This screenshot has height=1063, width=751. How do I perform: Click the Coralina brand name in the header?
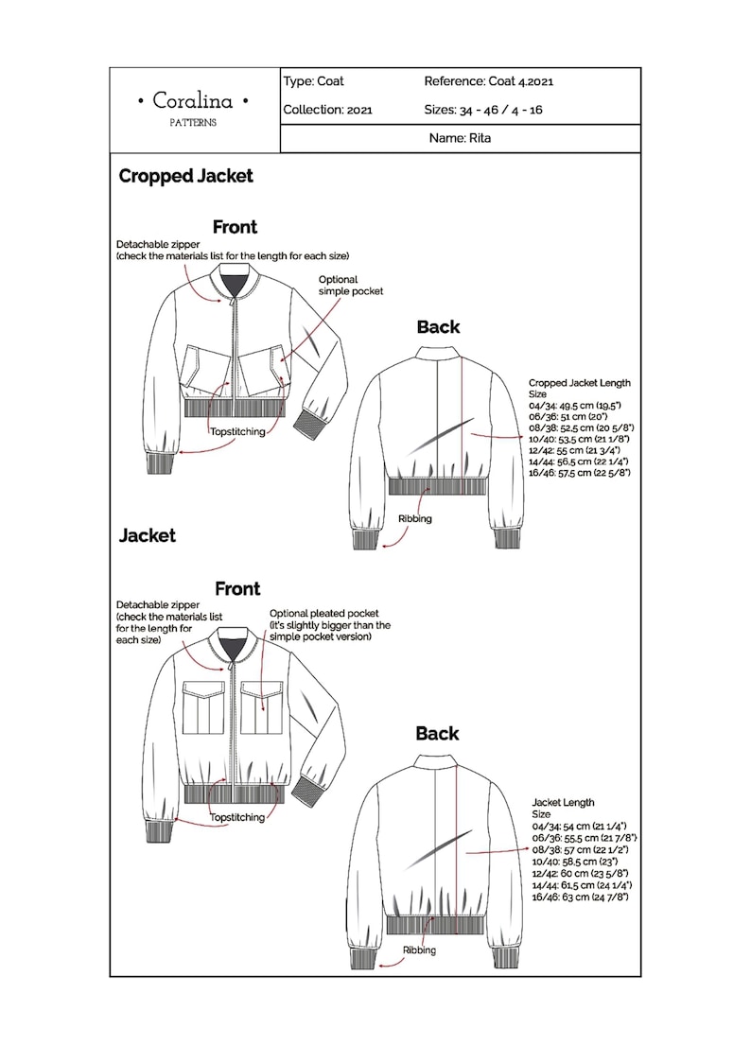pos(193,100)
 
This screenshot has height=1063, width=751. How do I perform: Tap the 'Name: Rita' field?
pos(460,138)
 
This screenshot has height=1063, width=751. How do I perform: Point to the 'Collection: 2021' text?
pos(327,110)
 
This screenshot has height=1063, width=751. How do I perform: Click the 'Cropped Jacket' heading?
pos(185,176)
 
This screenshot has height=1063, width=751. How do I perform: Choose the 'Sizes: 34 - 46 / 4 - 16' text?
pos(482,110)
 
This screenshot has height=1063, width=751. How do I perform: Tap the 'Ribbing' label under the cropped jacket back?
pos(414,519)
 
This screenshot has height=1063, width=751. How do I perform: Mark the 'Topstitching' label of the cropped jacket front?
pos(236,431)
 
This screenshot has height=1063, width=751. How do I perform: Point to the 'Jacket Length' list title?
pos(563,803)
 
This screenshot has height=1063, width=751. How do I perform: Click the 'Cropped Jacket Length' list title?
pos(579,383)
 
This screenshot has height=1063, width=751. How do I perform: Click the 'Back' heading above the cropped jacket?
pos(438,327)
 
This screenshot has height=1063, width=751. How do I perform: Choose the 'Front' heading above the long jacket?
pos(237,588)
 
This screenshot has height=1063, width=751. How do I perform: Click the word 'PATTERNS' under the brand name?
pos(193,123)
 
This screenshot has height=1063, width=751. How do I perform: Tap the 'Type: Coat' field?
pos(313,81)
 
